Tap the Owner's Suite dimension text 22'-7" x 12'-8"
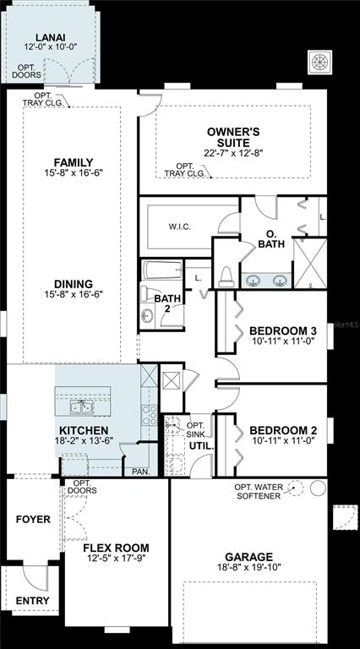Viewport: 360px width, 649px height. point(233,153)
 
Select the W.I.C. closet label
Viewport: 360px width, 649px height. point(180,226)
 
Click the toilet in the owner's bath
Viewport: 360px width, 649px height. point(226,277)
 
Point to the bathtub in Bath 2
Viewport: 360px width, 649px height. point(162,270)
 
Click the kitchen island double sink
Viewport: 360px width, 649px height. point(81,407)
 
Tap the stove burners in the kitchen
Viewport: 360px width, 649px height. point(150,415)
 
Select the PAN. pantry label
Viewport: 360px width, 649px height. point(140,472)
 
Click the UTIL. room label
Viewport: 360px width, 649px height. point(201,446)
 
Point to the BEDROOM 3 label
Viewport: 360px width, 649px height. point(283,331)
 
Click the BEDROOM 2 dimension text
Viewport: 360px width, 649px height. point(282,440)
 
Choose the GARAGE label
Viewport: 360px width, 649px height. point(249,557)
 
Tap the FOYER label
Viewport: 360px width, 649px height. point(33,519)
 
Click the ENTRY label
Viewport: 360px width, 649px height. point(33,601)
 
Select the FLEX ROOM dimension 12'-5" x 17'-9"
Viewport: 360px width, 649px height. point(117,558)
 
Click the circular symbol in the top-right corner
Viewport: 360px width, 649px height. point(320,63)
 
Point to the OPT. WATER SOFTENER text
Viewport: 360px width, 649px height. point(259,491)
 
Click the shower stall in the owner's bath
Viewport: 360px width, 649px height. point(310,263)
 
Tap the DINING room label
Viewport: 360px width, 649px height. point(74,284)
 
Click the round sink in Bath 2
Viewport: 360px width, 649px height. point(145,316)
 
